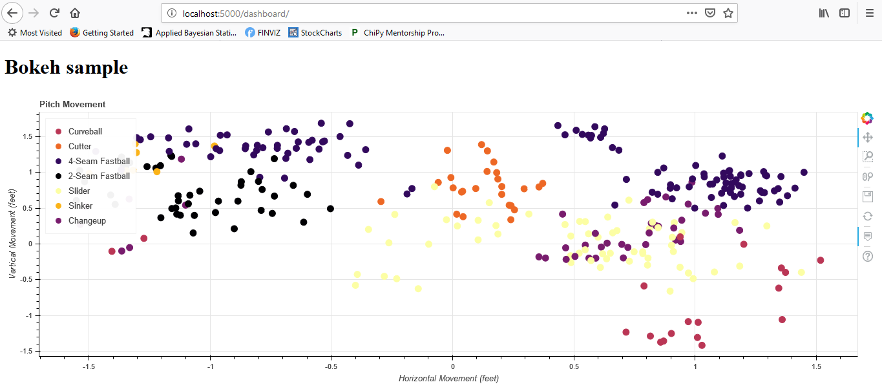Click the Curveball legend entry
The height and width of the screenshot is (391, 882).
pos(85,132)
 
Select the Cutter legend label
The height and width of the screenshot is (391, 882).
pos(79,147)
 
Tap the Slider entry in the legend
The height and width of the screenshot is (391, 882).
pos(79,191)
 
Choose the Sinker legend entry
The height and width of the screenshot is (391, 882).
pos(80,206)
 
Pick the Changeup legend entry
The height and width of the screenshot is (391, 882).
pos(87,221)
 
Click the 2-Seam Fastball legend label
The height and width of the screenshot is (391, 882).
pos(99,176)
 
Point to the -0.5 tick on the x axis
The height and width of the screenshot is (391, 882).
pos(331,366)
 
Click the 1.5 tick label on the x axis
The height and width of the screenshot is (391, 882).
pos(817,366)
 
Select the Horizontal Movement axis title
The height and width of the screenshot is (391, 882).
pos(448,379)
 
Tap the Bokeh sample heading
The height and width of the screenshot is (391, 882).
pos(66,67)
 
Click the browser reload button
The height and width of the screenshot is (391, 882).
pos(55,13)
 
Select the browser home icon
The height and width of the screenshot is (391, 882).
pos(75,13)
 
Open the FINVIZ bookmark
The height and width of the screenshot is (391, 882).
pos(263,32)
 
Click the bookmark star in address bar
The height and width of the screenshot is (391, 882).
pos(728,13)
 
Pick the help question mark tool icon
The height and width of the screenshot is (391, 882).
pos(867,256)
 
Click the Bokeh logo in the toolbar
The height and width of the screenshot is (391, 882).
pos(867,118)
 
